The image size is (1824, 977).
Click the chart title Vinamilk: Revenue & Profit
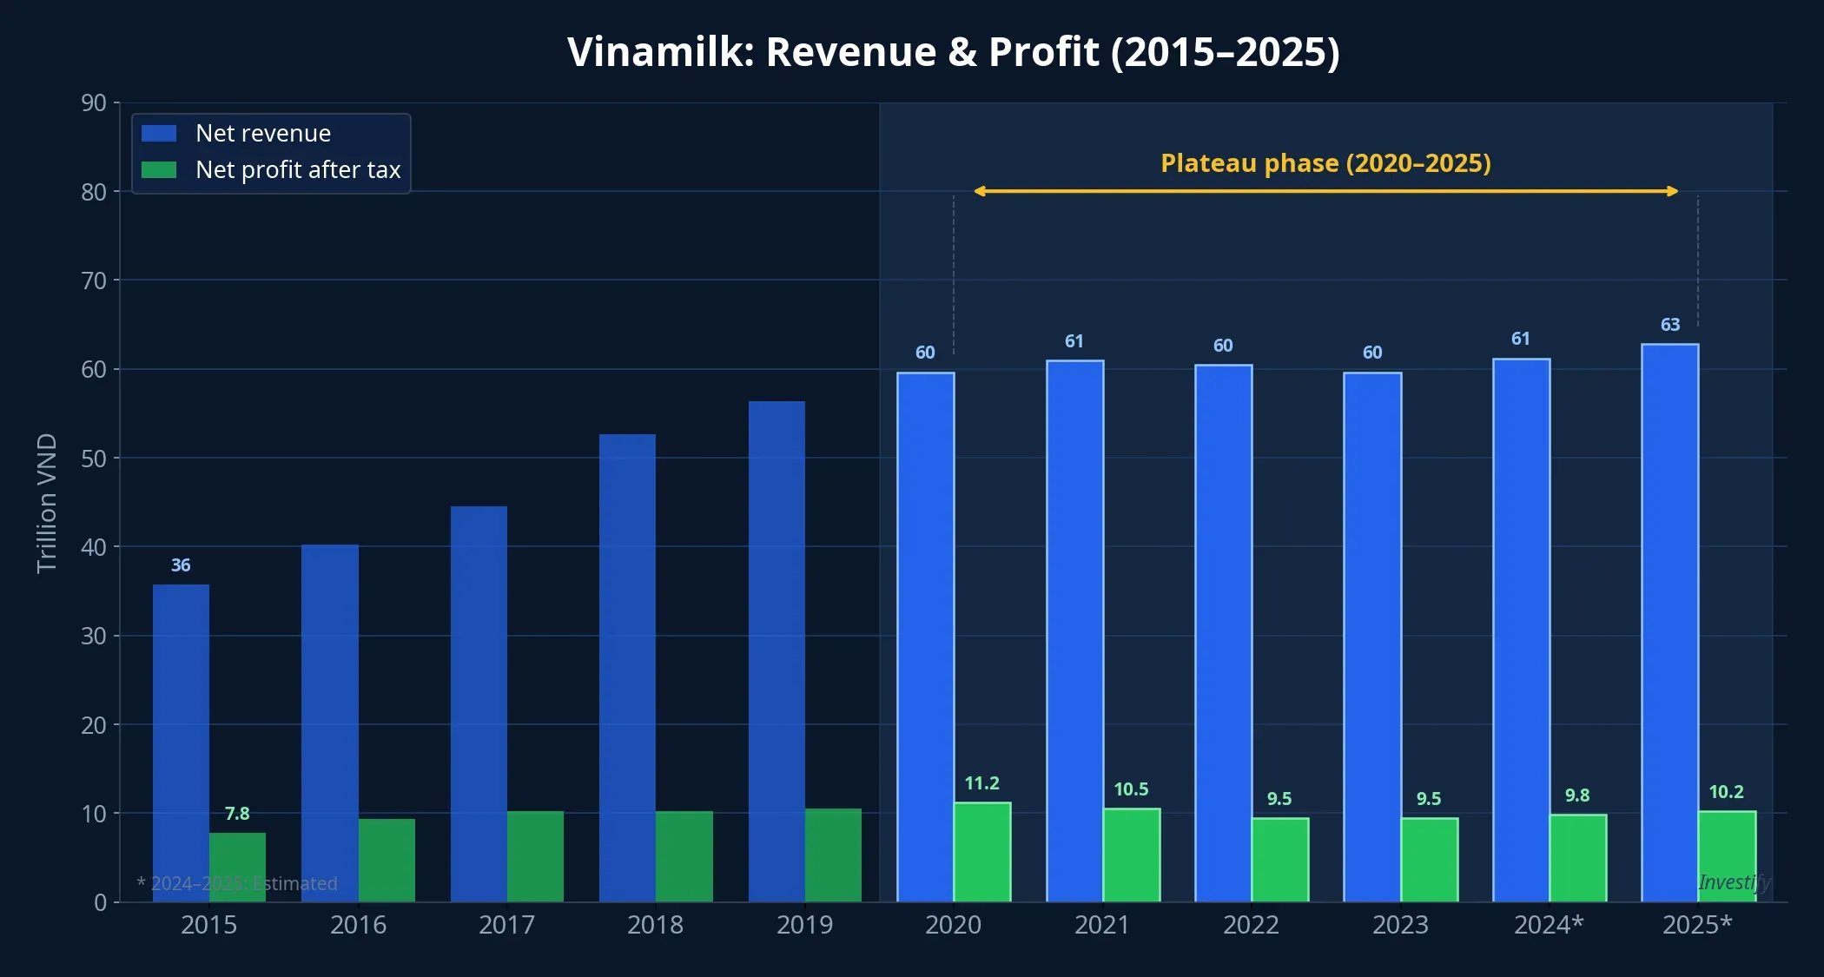953,52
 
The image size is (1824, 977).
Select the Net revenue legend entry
262,133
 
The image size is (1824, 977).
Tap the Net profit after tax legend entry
297,169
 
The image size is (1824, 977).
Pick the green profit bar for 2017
535,856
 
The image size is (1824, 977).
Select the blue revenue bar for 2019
777,651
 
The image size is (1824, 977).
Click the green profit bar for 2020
982,852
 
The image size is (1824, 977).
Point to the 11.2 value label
982,783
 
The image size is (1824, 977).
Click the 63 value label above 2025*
1670,325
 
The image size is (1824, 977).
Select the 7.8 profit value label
237,814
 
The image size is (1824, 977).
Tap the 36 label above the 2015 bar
181,565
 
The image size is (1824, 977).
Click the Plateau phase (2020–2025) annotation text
1325,163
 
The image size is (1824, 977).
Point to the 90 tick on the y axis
94,103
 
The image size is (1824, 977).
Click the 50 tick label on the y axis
94,459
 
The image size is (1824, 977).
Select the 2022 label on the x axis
1251,925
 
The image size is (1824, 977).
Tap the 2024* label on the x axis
1549,925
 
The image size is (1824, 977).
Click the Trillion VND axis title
47,503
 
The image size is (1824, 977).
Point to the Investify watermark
1734,882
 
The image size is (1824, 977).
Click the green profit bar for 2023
1429,860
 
